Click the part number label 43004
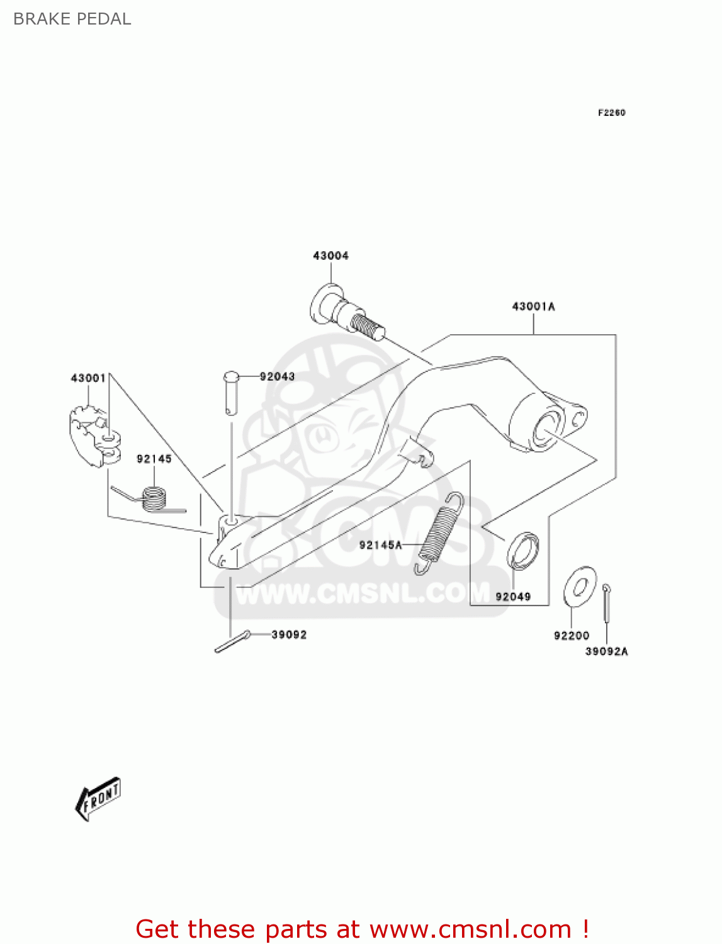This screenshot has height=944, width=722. click(x=330, y=256)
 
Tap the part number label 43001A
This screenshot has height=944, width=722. click(x=533, y=306)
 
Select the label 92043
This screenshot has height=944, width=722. click(x=277, y=376)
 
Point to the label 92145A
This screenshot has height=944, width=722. click(x=380, y=545)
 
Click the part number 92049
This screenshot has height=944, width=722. click(x=513, y=597)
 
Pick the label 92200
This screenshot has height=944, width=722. click(x=572, y=636)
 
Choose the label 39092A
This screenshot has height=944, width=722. click(x=606, y=651)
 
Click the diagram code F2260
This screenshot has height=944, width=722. click(x=611, y=113)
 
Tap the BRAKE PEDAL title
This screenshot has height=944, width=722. click(x=72, y=19)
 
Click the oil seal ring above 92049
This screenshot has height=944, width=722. click(x=522, y=551)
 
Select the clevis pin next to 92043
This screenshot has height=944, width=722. click(x=231, y=393)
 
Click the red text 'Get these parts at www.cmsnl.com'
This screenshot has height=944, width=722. click(x=362, y=929)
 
